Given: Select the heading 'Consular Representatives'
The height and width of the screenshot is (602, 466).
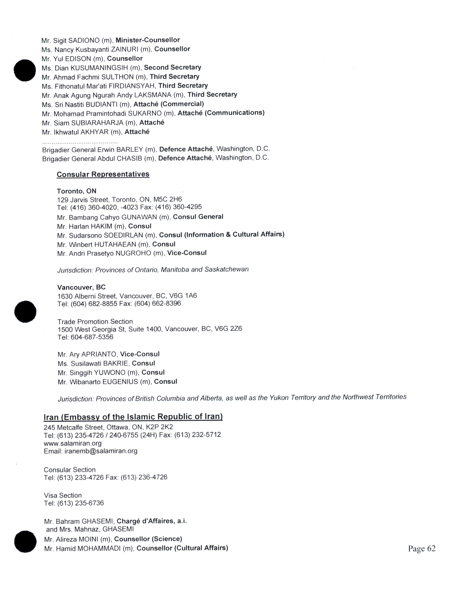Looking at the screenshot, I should coord(103,174).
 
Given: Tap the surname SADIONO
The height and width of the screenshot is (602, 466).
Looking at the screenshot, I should coord(84,40).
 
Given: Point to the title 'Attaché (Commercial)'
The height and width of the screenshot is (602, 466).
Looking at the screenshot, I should coord(169,104).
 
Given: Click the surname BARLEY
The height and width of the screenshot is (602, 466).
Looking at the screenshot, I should coord(130,149).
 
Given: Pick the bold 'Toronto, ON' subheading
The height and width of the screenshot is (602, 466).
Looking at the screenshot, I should coord(76,191).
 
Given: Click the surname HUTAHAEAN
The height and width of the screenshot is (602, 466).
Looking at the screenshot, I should coord(115,244).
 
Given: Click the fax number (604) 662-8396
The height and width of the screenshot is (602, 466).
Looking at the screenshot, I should coord(158,304).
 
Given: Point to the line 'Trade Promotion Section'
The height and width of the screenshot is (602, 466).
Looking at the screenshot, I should coord(95,321).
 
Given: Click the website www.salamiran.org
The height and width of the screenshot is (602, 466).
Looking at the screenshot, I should coord(73,443).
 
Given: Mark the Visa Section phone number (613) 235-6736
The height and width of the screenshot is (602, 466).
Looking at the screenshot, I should coord(80,503).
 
